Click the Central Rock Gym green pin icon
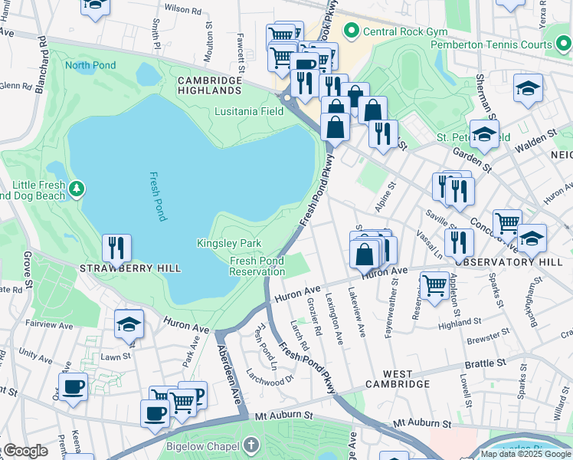click(352, 31)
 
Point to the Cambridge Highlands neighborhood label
click(209, 85)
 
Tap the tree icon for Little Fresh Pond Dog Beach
click(76, 188)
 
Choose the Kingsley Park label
click(229, 243)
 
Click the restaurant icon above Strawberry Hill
click(116, 247)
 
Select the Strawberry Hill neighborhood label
click(131, 268)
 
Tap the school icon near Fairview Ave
click(129, 324)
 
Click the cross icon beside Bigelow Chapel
click(251, 445)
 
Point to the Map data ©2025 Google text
click(526, 454)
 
